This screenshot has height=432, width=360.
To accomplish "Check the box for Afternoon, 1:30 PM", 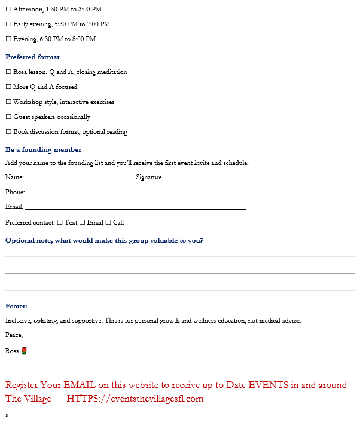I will tap(8, 10).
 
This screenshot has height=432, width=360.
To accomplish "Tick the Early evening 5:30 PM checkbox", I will tap(8, 24).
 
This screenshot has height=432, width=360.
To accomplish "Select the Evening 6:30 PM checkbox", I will tap(8, 39).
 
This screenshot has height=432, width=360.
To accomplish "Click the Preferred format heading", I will tap(32, 57).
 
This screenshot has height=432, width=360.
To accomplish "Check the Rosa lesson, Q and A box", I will tap(8, 72).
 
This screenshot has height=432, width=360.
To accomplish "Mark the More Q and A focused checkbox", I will tap(8, 87).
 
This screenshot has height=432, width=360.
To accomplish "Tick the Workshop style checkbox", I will tap(8, 102).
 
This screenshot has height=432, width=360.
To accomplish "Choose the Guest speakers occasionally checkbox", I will tap(8, 117).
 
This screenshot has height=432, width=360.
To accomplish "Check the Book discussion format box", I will tap(8, 132).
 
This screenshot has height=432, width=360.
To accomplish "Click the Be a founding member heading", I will tap(43, 150).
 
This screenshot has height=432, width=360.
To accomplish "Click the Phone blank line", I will tap(136, 192).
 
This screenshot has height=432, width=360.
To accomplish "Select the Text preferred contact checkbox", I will tap(60, 223).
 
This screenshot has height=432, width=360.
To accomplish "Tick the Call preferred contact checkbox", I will tap(108, 223).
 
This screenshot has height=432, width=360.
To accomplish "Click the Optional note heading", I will tap(104, 241).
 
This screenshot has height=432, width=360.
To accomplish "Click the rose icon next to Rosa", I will tap(24, 351).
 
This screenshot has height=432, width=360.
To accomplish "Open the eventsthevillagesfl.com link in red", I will tap(135, 399).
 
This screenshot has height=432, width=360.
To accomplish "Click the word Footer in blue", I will tap(16, 306).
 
